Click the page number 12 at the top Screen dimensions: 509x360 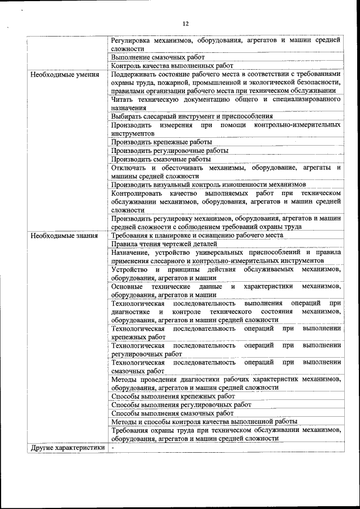(186, 23)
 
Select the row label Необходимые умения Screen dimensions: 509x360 (65, 74)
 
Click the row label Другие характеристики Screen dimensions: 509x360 (68, 448)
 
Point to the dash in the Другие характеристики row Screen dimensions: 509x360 (112, 448)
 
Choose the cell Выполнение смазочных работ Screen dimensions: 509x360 (157, 57)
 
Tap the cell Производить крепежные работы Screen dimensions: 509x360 (161, 142)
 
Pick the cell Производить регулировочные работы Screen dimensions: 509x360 (169, 151)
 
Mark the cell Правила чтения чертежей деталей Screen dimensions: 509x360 (164, 244)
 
